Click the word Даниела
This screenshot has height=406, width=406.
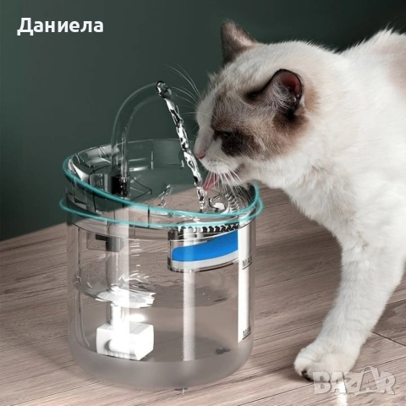[x=60, y=25]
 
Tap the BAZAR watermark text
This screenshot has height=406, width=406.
[x=354, y=382]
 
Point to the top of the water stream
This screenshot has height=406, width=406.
[x=161, y=86]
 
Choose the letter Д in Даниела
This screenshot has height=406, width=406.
[x=25, y=26]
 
